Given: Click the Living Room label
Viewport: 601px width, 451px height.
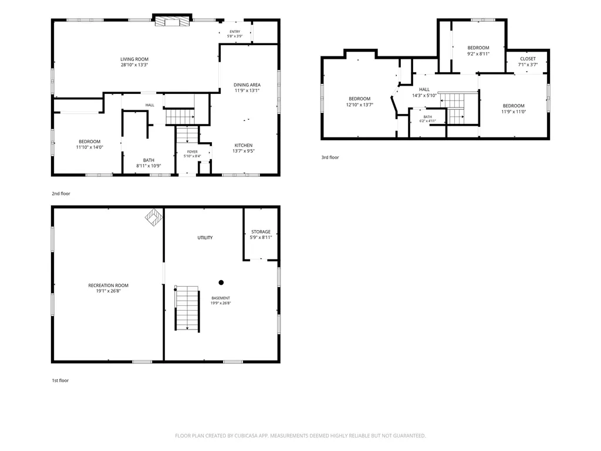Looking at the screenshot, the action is click(134, 59).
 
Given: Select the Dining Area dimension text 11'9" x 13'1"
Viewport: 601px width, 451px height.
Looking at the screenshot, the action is click(247, 90).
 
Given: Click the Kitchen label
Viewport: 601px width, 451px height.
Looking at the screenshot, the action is click(244, 146).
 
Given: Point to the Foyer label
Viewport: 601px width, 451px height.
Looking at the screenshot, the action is click(193, 152).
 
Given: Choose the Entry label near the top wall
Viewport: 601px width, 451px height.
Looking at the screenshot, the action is click(235, 32).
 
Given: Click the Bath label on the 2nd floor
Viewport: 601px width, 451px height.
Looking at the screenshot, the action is click(148, 160).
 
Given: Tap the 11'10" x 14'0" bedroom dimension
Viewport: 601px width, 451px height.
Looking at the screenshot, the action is click(90, 147).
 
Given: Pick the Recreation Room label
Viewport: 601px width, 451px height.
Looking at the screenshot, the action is click(109, 285).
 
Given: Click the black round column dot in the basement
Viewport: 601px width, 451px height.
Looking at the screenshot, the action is click(221, 282).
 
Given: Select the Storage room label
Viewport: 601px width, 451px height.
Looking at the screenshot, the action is click(261, 231).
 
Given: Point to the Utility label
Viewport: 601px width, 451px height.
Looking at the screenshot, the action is click(205, 238).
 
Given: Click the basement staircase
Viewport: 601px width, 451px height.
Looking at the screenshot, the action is click(187, 308).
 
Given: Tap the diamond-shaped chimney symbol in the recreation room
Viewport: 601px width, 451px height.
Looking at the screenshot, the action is click(154, 217).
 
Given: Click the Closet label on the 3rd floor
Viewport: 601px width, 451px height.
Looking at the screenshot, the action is click(528, 59).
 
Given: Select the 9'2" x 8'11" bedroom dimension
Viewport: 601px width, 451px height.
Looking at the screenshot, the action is click(478, 53).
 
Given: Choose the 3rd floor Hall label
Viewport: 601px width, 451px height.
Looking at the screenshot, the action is click(424, 89).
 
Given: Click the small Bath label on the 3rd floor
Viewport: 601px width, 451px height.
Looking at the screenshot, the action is click(428, 117).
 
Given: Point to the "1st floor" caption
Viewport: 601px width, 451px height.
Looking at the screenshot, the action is click(60, 381).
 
